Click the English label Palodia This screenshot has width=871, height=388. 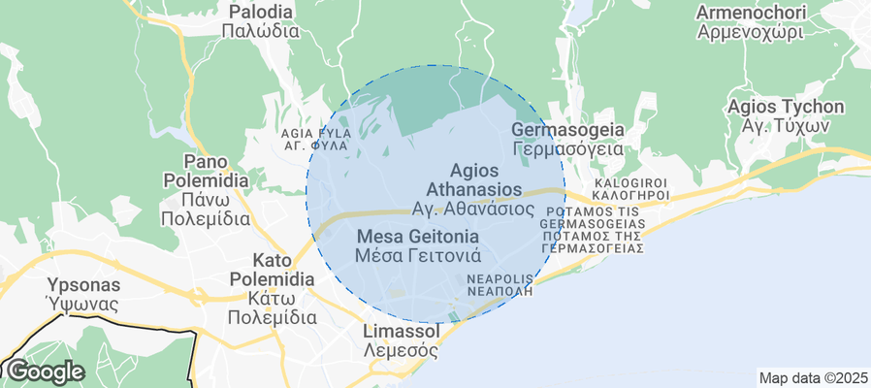(260, 12)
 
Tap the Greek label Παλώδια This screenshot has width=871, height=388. (260, 30)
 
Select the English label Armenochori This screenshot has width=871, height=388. (751, 13)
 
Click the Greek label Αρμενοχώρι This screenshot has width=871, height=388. (751, 31)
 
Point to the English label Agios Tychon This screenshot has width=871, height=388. (786, 107)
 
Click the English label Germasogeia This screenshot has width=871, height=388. (566, 130)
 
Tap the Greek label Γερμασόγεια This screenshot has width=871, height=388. (566, 149)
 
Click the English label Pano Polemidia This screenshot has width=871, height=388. (205, 171)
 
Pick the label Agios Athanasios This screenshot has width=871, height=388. (474, 179)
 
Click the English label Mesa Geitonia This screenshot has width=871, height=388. (418, 237)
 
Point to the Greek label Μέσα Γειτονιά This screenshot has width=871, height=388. (418, 256)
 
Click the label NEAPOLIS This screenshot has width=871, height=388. (500, 277)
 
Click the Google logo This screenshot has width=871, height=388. (46, 372)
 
